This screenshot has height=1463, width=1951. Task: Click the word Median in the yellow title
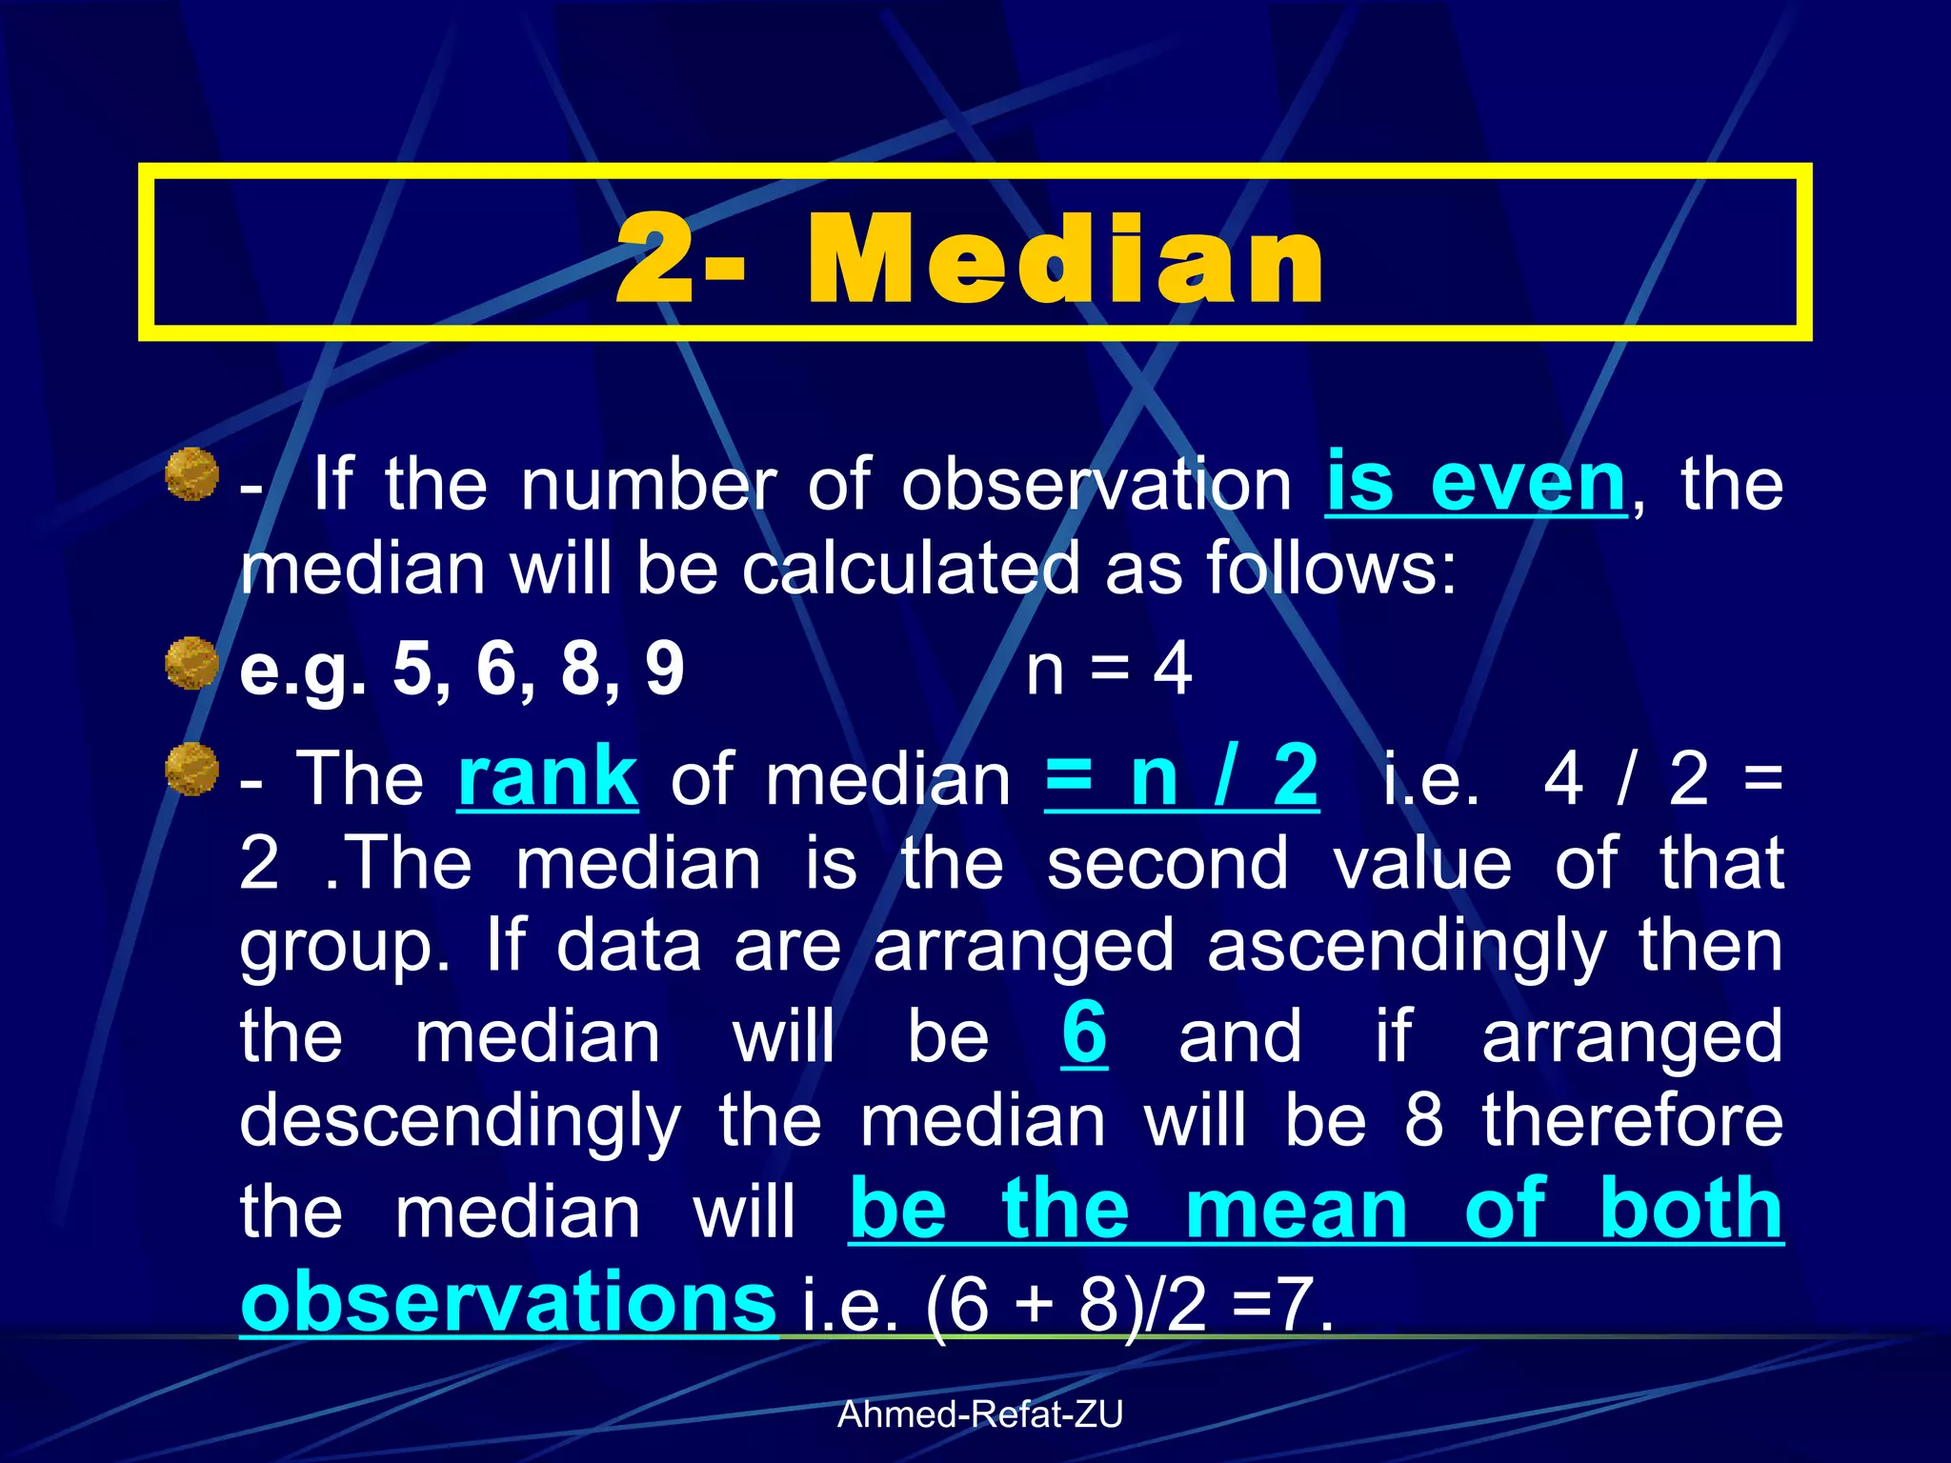(x=1065, y=258)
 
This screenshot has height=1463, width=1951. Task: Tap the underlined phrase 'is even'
(x=1476, y=485)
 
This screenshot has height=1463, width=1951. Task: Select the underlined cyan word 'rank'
(x=547, y=779)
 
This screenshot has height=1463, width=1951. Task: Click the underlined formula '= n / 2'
(x=1181, y=779)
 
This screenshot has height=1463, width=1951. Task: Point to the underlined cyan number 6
(x=1084, y=1034)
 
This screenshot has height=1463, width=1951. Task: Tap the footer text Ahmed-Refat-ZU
(x=979, y=1414)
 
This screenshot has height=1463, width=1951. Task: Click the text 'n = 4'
(x=1108, y=669)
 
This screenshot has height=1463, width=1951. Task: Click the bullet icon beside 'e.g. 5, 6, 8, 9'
(x=191, y=663)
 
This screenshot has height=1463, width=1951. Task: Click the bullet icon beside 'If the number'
(x=191, y=474)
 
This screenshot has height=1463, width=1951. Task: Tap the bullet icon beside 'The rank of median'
(x=191, y=769)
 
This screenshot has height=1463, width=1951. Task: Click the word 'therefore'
(x=1632, y=1121)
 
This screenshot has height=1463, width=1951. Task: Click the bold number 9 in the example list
(x=665, y=669)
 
